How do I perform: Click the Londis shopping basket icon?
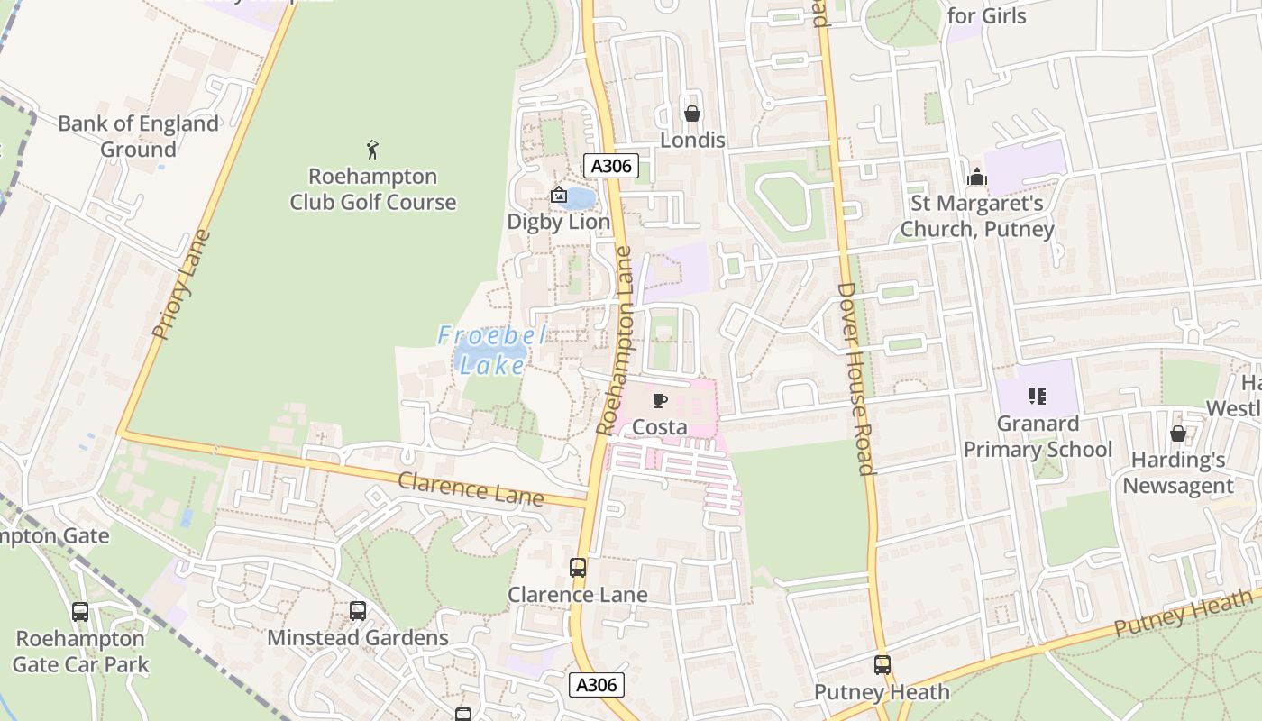coord(692,114)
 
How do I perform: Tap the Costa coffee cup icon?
coord(660,400)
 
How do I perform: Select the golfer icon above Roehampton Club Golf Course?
coord(372,150)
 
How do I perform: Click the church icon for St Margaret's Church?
coord(976,177)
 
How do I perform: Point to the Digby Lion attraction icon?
coord(558,195)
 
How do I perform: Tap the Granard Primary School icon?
coord(1037,396)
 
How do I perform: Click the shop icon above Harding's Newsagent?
coord(1177,434)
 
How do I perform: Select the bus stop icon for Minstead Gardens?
coord(358,611)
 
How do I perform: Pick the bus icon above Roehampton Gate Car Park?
coord(80,612)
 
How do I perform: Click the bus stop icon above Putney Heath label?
coord(882,665)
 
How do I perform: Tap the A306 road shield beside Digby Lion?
coord(611,166)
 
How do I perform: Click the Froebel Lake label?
coord(492,351)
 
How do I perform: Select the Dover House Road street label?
coord(856,379)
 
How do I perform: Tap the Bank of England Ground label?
coord(138,136)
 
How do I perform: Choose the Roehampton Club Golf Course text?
coord(373,189)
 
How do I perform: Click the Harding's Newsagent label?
coord(1177,473)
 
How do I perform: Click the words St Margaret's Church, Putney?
coord(977,216)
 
